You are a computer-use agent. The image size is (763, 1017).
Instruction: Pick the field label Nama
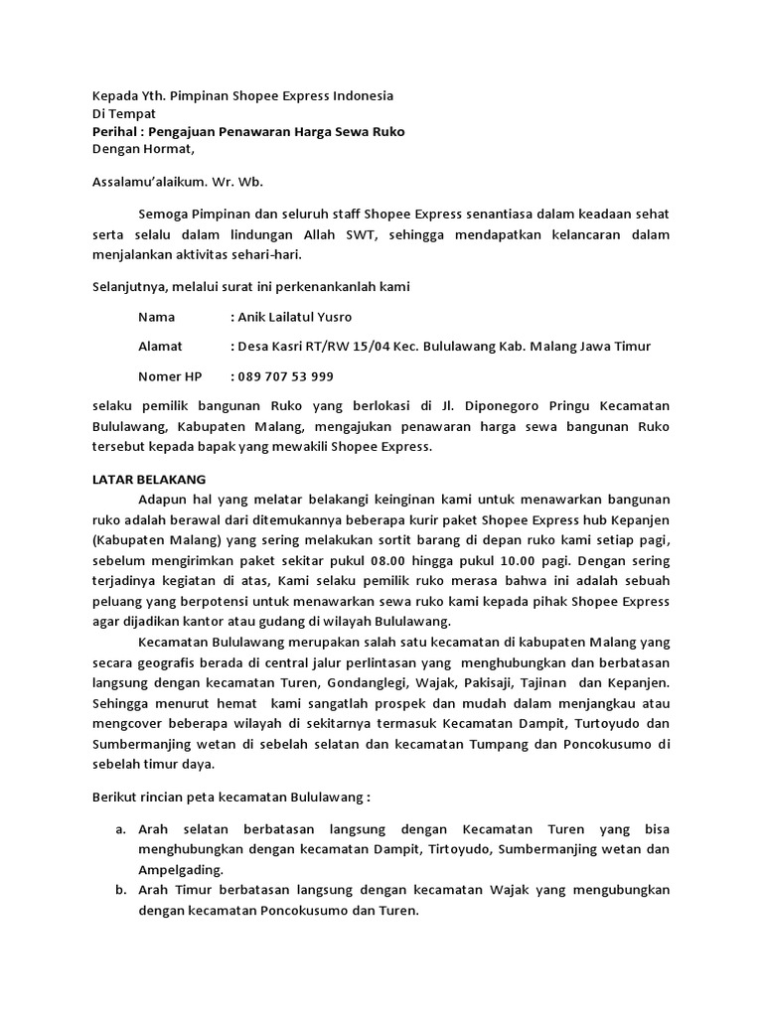pyautogui.click(x=156, y=317)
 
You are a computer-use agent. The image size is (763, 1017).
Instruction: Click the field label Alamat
pyautogui.click(x=160, y=347)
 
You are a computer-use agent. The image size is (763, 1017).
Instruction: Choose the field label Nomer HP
pyautogui.click(x=170, y=376)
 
